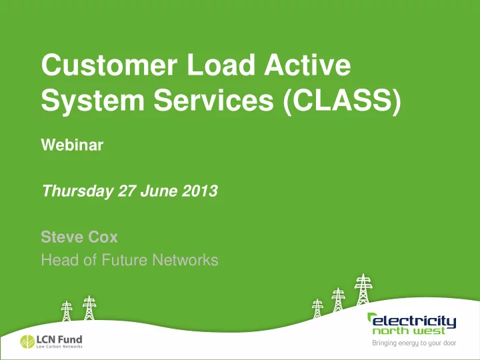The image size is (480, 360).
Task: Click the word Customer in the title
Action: (109, 65)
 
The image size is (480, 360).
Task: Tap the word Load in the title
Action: (221, 65)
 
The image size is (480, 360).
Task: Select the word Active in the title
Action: (307, 65)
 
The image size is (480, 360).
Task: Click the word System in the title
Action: (93, 100)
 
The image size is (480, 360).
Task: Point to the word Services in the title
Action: (213, 100)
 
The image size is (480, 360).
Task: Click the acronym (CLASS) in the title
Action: (342, 101)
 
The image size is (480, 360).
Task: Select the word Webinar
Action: (72, 145)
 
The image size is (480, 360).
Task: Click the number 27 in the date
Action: (127, 191)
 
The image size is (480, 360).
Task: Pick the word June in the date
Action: (159, 191)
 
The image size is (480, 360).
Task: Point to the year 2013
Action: (199, 191)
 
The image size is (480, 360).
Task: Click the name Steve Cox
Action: (79, 237)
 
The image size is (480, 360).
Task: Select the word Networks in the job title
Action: (185, 260)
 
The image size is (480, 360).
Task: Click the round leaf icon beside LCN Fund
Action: (27, 341)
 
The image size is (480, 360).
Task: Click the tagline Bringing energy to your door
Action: (414, 343)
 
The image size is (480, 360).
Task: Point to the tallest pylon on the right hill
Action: (363, 289)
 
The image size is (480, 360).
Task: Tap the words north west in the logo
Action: (409, 331)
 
